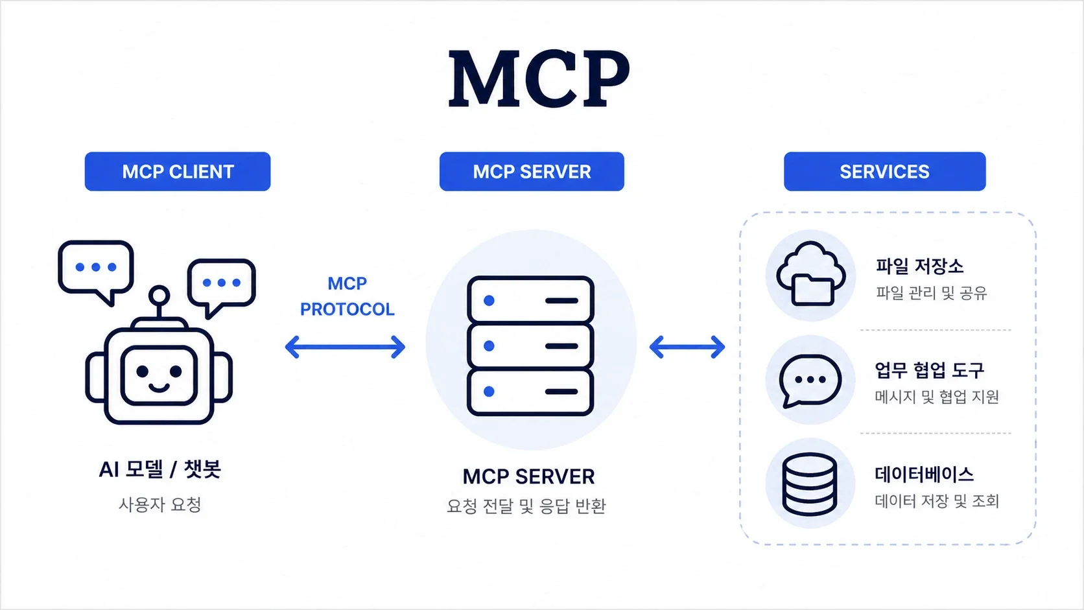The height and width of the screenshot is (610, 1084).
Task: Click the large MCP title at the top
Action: click(539, 79)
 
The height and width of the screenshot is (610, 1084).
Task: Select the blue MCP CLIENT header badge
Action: click(178, 172)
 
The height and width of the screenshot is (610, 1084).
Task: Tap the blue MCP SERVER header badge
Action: click(532, 172)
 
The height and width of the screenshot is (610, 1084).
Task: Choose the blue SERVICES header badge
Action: click(884, 172)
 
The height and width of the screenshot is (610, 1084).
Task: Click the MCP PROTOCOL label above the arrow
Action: click(347, 296)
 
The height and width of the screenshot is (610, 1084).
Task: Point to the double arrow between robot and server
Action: click(345, 347)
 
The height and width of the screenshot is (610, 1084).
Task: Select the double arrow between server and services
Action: click(687, 347)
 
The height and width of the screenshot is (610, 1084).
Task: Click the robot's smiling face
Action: click(159, 375)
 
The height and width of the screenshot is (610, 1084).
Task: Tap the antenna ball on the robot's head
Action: click(159, 296)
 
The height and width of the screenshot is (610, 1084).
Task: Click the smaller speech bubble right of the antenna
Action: click(222, 283)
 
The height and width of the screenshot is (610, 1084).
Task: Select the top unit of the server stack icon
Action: click(530, 300)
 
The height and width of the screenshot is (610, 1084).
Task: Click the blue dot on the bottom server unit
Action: click(489, 392)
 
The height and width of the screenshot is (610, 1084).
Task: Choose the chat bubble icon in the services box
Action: click(810, 380)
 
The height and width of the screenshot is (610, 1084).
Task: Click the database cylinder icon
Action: click(809, 484)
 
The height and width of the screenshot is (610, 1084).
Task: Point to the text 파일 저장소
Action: click(919, 266)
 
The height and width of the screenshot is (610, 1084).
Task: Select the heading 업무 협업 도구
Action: click(929, 370)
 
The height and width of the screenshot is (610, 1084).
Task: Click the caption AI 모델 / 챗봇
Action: click(159, 469)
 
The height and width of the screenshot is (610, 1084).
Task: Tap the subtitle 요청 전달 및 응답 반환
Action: click(526, 506)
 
